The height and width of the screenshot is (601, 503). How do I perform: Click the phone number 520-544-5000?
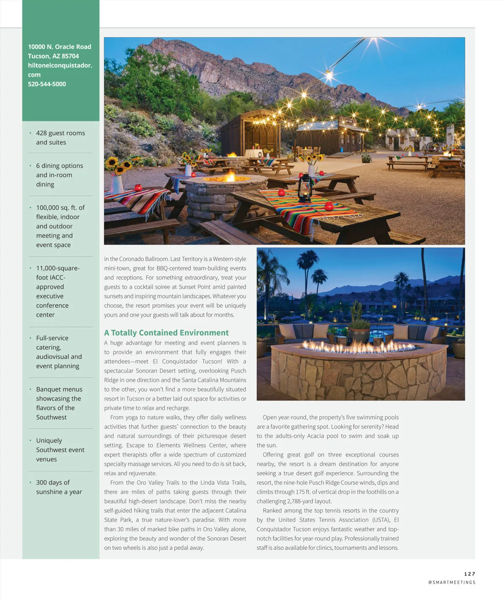(47, 84)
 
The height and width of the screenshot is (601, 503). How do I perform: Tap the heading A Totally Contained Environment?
(166, 333)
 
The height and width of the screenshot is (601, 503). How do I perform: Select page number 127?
(469, 574)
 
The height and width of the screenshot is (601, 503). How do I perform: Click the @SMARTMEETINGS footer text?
(451, 582)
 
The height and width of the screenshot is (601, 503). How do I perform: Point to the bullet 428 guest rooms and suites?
(60, 138)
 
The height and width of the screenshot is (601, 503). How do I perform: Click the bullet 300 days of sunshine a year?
(59, 487)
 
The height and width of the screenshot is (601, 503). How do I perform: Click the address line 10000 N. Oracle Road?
(60, 47)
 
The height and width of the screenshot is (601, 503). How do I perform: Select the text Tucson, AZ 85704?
(53, 56)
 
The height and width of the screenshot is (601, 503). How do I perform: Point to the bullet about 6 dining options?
(59, 175)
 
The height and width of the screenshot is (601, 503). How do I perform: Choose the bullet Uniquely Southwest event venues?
(60, 450)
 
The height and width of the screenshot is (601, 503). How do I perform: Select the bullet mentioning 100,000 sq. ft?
(60, 226)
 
